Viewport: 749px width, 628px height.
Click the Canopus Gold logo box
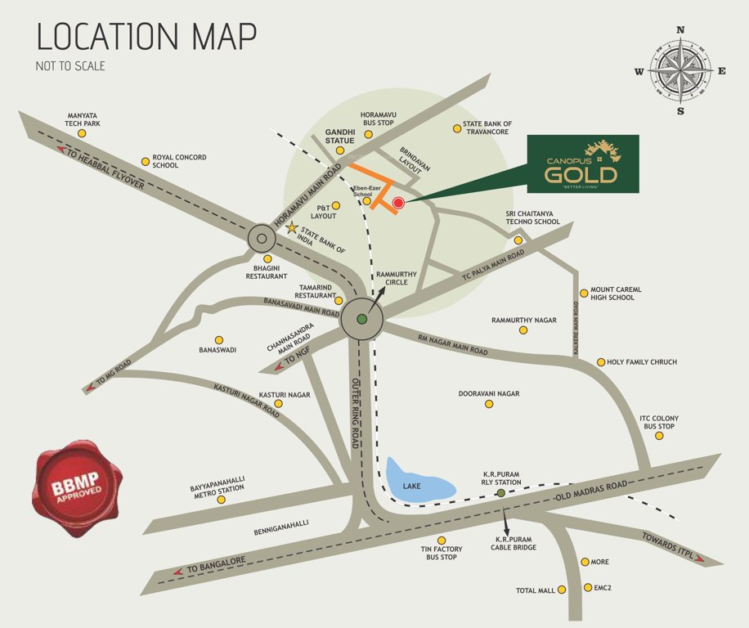pos(582,164)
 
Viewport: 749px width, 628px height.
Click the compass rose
pos(680,71)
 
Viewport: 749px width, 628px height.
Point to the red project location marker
pos(398,203)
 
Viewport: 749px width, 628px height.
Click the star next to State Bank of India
pos(291,228)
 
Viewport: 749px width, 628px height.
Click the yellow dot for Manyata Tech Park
pos(81,133)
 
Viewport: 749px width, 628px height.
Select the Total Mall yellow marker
pos(562,590)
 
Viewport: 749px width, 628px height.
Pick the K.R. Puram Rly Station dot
pos(500,493)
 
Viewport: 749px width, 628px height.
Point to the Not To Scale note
pos(70,66)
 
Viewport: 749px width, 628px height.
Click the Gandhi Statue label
pos(339,136)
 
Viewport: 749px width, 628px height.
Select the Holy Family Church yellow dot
pos(601,361)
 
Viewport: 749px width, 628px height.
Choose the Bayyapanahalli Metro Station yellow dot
pos(221,499)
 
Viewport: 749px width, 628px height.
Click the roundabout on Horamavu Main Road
pos(261,240)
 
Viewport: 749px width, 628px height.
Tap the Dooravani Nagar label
pos(489,393)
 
